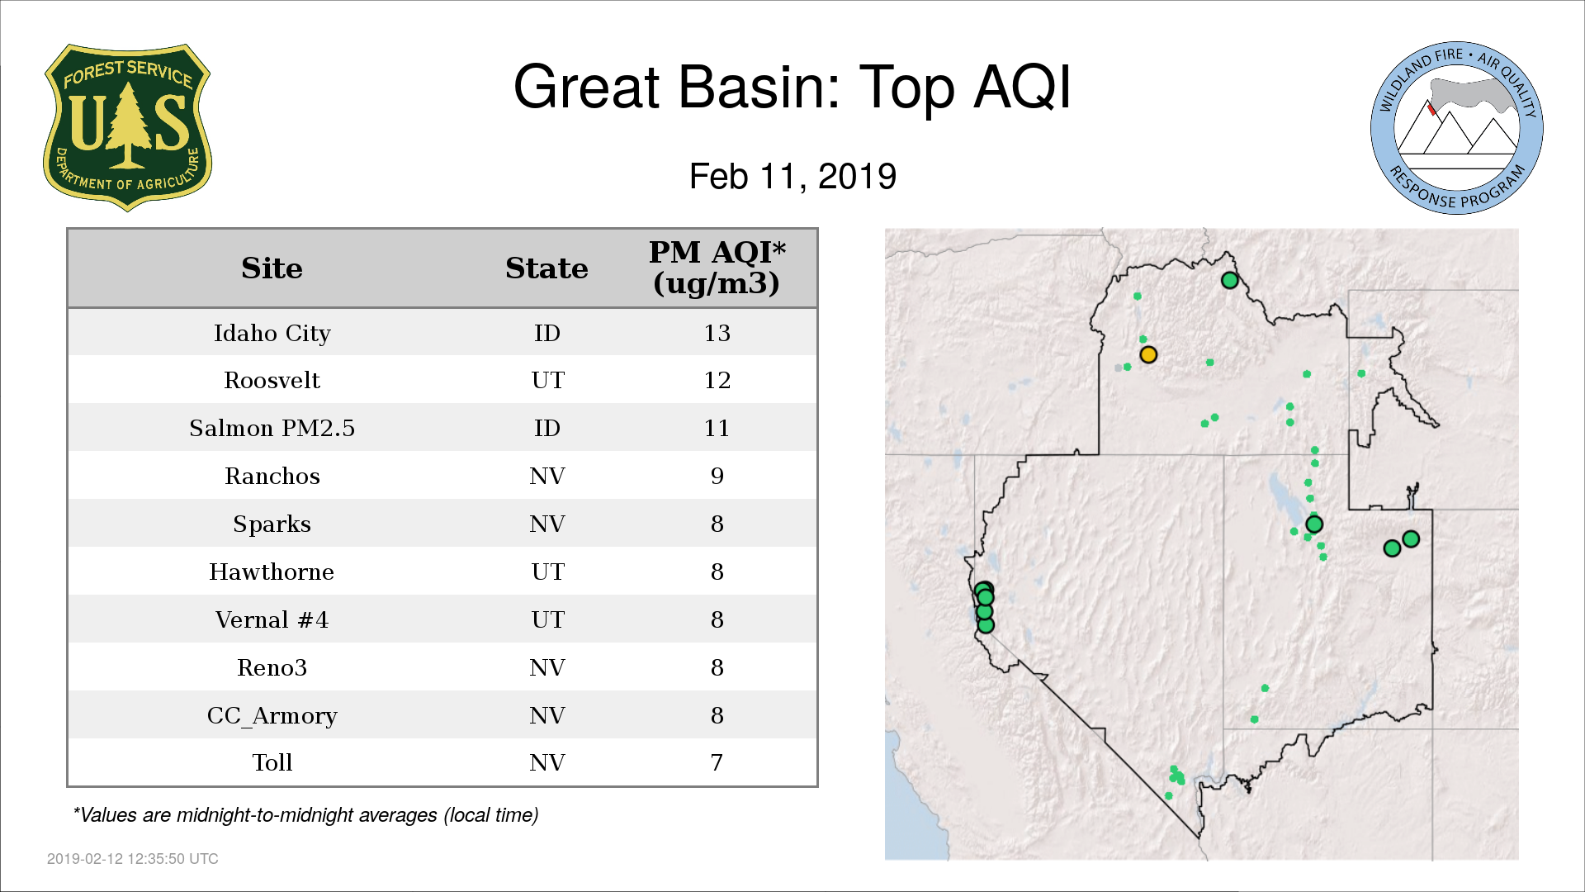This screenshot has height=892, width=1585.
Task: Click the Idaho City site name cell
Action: coord(272,333)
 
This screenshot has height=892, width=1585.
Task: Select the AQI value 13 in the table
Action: coord(717,333)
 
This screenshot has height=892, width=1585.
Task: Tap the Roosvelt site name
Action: coord(272,380)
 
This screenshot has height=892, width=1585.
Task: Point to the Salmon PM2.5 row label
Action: coord(272,428)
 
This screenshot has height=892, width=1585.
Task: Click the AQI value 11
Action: coord(717,428)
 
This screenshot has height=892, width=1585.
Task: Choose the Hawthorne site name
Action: coord(272,572)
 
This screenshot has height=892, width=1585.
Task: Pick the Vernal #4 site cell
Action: coord(272,619)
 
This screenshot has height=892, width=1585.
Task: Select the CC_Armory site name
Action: coord(272,715)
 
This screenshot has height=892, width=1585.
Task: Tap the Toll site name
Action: coord(272,762)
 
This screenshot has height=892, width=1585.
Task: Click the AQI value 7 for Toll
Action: coord(717,762)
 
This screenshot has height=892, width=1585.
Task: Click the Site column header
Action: coord(272,268)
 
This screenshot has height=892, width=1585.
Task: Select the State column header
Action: coord(546,268)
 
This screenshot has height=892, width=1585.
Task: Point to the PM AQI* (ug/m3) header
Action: coord(717,268)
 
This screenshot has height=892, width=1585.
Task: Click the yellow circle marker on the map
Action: coord(1148,355)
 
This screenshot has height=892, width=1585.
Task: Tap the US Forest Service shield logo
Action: coord(127,128)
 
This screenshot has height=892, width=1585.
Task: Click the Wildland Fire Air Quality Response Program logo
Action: coord(1456,128)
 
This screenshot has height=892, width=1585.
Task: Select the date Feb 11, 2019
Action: coord(792,177)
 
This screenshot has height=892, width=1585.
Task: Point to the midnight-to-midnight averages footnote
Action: coord(305,815)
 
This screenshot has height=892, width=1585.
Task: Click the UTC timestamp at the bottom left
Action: coord(133,859)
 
